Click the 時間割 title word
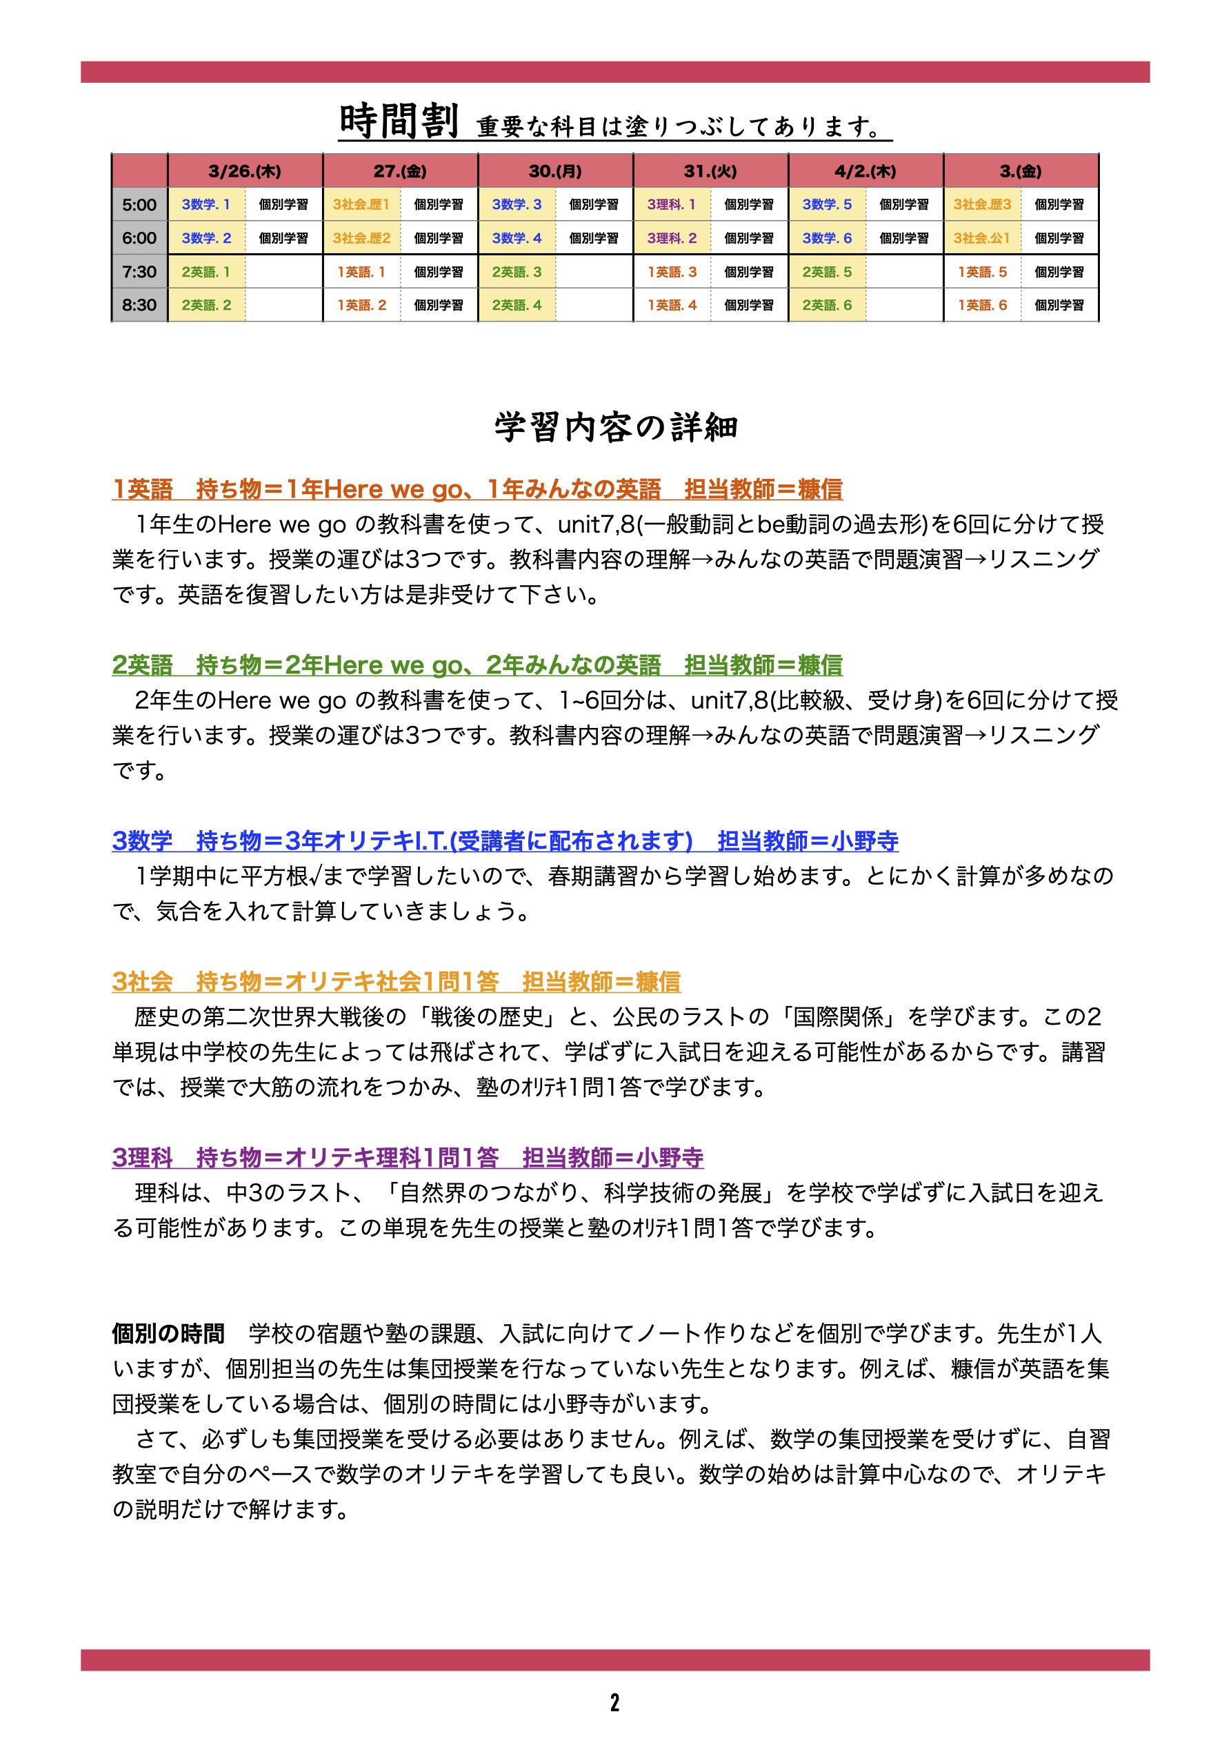(x=399, y=121)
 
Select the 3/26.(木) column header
(x=244, y=171)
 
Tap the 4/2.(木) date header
(x=865, y=171)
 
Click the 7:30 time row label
(x=139, y=272)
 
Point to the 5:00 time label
(x=139, y=204)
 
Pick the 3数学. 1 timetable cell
(x=206, y=204)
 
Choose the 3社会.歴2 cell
(x=361, y=237)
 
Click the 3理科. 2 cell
(x=672, y=237)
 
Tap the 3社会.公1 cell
(x=982, y=237)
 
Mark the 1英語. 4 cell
(x=672, y=305)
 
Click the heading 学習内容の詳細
(x=615, y=426)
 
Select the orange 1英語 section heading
(x=477, y=489)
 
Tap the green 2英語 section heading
(x=477, y=665)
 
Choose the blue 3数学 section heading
(x=505, y=840)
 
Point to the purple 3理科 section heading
(x=408, y=1157)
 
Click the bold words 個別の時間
(x=168, y=1333)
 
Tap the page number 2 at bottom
(x=614, y=1702)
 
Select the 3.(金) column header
(x=1021, y=171)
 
